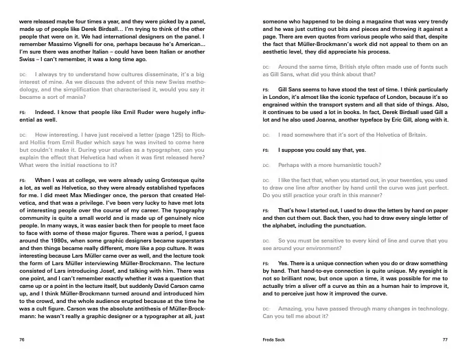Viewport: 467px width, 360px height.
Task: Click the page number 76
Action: coord(23,339)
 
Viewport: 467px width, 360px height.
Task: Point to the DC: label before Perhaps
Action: coord(267,166)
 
